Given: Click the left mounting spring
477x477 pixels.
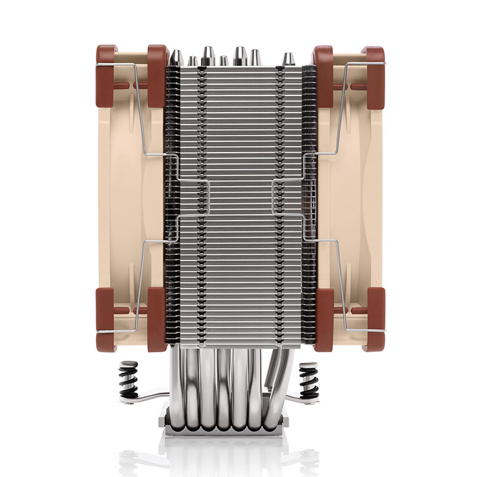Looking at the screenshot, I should [129, 379].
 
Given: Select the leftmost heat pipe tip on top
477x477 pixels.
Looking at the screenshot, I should [176, 58].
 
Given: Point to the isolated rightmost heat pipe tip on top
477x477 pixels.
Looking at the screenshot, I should [288, 60].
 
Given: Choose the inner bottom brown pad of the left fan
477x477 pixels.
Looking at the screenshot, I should [157, 319].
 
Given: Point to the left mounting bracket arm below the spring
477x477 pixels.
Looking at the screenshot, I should [143, 398].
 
